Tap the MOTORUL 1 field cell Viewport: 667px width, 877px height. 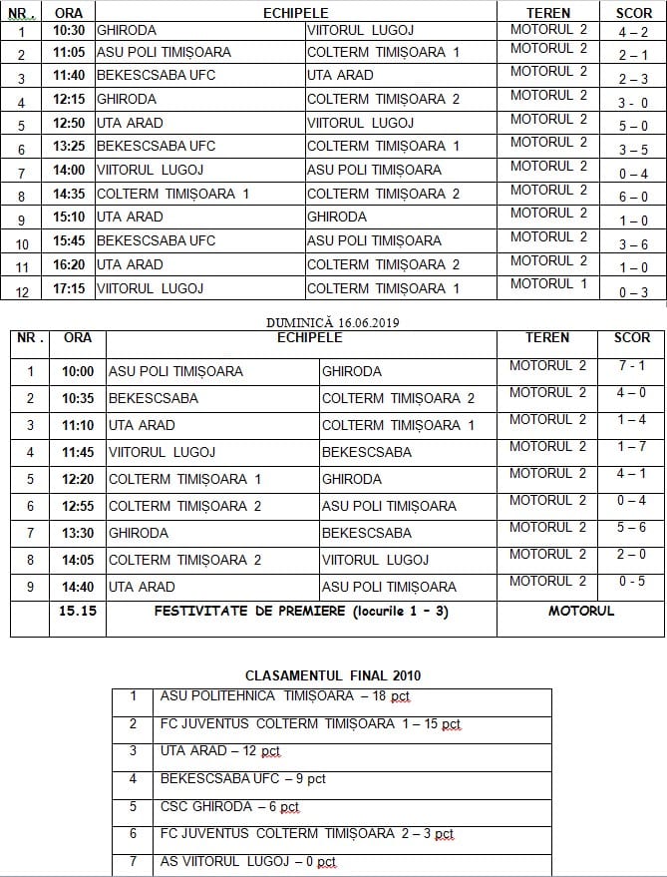548,284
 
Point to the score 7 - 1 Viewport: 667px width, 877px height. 631,366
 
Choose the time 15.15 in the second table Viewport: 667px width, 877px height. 78,611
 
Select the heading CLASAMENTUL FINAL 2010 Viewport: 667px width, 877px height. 332,675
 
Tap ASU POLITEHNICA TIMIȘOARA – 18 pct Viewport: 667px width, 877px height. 285,696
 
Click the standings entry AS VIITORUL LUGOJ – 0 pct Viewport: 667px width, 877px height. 248,862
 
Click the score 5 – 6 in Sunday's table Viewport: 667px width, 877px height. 631,528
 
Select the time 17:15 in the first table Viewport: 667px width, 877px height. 70,288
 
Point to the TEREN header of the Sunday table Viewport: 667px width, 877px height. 547,338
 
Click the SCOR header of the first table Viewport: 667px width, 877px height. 631,13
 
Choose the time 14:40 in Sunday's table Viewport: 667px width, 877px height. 78,587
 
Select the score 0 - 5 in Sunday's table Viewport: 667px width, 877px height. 631,582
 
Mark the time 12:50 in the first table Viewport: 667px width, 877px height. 70,123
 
